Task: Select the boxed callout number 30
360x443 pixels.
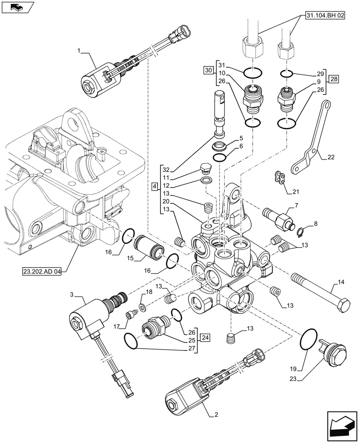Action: (208, 70)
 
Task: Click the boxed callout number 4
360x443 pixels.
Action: (154, 187)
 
